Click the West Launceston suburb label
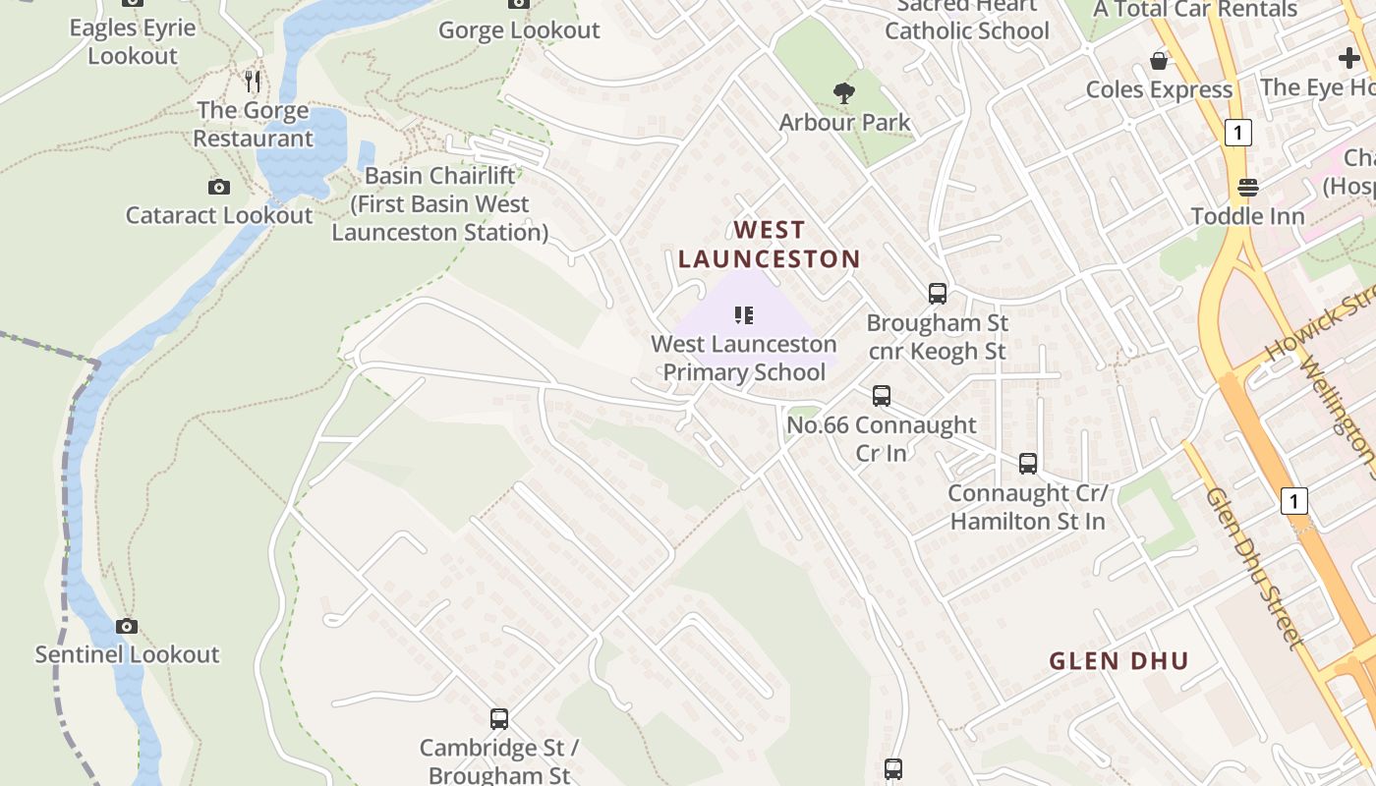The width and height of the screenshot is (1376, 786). (769, 245)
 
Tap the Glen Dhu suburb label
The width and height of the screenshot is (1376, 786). (1118, 660)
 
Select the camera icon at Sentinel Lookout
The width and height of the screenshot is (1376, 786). (127, 626)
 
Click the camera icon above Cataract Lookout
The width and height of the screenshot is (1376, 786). (219, 187)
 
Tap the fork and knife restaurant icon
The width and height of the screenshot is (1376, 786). (254, 81)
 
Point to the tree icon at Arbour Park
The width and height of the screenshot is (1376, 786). (843, 94)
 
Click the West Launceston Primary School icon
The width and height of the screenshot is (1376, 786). (744, 315)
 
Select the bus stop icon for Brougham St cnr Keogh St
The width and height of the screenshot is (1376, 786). (938, 293)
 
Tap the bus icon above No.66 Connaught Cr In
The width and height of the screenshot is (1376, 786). (882, 396)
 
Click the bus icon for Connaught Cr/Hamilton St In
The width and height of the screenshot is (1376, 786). (1028, 463)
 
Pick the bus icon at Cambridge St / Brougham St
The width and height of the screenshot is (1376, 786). (499, 719)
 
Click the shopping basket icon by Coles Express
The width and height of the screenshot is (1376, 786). (1159, 61)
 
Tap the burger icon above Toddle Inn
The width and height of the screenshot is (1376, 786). (1248, 187)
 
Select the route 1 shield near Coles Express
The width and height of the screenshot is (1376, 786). (1238, 133)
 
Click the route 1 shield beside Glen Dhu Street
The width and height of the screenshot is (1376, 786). (1294, 501)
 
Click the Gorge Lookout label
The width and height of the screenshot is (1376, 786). (519, 30)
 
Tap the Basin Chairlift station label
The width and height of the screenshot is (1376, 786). (439, 204)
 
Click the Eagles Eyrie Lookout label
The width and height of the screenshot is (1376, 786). (132, 41)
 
